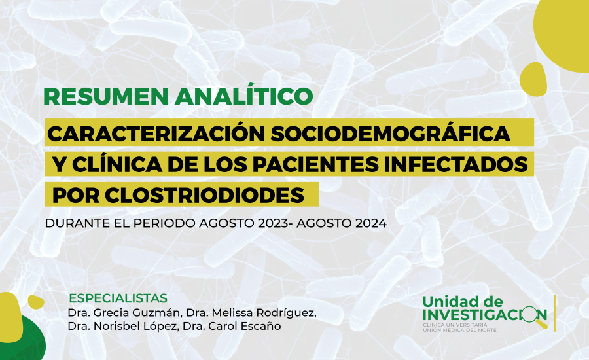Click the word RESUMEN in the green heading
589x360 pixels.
[106, 97]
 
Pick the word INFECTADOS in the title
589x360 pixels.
[457, 164]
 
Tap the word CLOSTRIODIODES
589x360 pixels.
[204, 195]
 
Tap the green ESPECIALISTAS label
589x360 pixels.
[118, 298]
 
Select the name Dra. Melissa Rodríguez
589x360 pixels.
[251, 313]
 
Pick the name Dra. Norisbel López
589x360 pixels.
[122, 326]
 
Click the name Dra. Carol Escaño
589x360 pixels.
[232, 326]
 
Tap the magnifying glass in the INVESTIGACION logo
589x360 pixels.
[533, 316]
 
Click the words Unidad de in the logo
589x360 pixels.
[463, 302]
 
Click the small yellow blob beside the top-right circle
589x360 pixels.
[533, 79]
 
